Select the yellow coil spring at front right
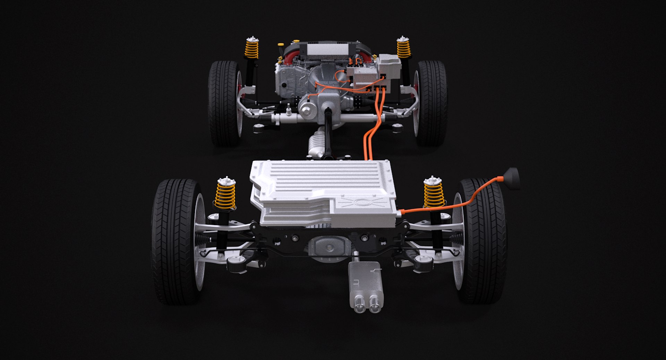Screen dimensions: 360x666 pyautogui.click(x=434, y=194)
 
